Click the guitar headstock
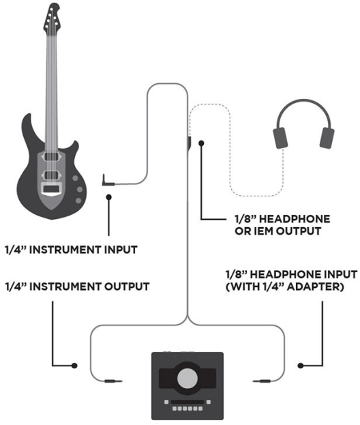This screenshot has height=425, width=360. pos(52,18)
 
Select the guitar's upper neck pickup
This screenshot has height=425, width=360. pos(51,156)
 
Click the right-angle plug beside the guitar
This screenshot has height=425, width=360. pos(108,181)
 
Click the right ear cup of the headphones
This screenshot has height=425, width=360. pos(327,138)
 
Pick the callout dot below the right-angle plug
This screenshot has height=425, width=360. pos(109,197)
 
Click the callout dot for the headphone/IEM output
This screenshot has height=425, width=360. pos(201,143)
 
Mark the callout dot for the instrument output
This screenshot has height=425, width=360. pos(74,366)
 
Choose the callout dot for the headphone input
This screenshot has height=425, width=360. pos(301,366)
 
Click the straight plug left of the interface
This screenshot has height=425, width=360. pos(113,381)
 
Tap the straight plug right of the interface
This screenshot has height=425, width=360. pos(262,381)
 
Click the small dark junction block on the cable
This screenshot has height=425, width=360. pos(189,143)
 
